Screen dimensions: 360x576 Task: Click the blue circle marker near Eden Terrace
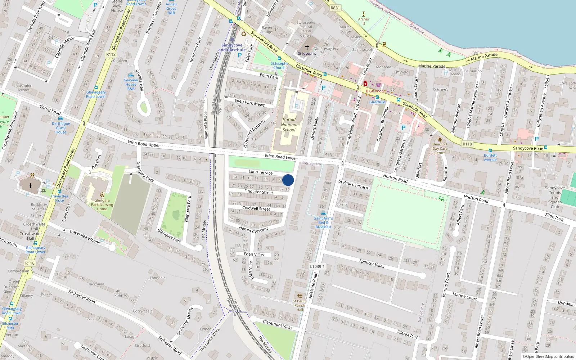[x=288, y=180]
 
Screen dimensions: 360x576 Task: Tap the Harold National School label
[x=289, y=125]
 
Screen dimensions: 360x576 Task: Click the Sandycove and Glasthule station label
[x=232, y=48]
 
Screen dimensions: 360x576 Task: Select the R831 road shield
[x=335, y=8]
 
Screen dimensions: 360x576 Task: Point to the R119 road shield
[x=467, y=144]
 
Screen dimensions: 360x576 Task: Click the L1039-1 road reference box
[x=317, y=266]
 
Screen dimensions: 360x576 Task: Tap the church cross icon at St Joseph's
[x=307, y=47]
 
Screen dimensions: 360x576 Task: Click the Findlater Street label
[x=258, y=192]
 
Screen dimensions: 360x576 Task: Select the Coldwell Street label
[x=256, y=208]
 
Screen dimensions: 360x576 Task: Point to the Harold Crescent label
[x=253, y=229]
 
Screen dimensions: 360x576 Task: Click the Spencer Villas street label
[x=372, y=264]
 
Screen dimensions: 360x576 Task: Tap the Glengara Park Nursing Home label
[x=102, y=204]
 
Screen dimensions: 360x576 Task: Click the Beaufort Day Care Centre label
[x=440, y=148]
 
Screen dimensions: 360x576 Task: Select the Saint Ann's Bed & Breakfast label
[x=323, y=222]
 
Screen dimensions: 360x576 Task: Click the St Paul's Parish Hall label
[x=300, y=305]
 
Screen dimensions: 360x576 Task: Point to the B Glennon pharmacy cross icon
[x=365, y=84]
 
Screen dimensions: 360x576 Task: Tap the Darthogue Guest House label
[x=61, y=128]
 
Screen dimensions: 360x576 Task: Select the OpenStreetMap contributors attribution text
[x=550, y=356]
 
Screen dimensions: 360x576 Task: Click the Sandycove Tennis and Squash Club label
[x=555, y=197]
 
